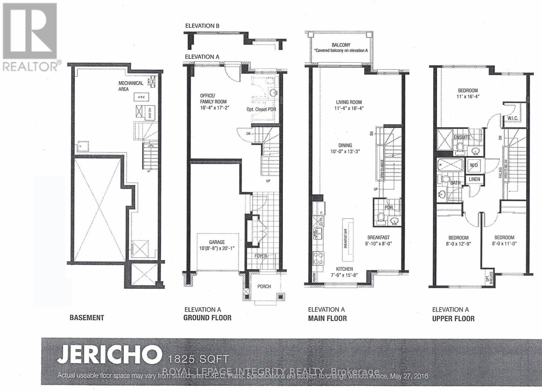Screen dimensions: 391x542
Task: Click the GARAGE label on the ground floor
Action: tap(217, 242)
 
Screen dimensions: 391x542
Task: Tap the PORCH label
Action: tap(264, 286)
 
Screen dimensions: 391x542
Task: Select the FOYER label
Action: tap(260, 256)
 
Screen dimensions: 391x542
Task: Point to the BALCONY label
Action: tap(341, 45)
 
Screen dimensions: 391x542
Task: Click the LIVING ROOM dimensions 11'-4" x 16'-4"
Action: tap(349, 108)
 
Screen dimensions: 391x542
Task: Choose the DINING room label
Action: tap(345, 145)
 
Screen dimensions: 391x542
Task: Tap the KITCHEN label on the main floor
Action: tap(344, 269)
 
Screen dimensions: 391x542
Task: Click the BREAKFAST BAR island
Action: tap(346, 239)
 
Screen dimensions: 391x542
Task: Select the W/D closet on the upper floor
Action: tap(474, 165)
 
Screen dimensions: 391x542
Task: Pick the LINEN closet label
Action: tap(474, 179)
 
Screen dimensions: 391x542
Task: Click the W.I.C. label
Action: tap(513, 118)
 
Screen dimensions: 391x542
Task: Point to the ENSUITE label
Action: tap(462, 137)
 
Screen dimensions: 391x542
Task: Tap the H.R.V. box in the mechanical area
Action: tap(141, 97)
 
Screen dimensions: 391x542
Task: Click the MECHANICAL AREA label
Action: tap(130, 86)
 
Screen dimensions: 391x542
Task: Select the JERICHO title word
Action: tap(109, 354)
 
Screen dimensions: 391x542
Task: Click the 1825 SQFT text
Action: tap(199, 359)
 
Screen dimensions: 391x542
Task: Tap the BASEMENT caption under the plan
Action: tap(87, 318)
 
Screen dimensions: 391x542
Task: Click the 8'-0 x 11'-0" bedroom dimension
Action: tap(504, 243)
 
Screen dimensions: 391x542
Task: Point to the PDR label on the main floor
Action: tap(389, 207)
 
